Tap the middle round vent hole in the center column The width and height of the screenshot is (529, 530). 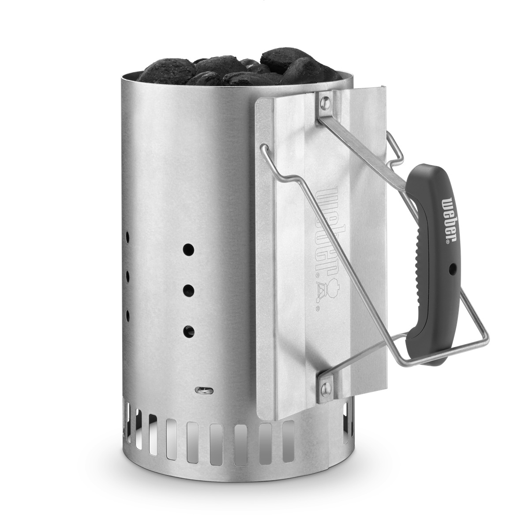click(189, 290)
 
